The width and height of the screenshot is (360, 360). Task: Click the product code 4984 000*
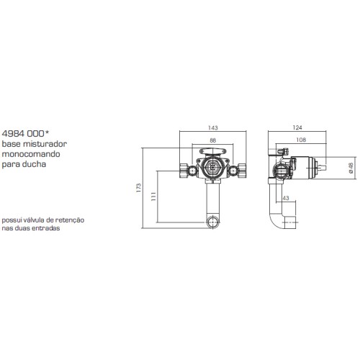click(x=25, y=133)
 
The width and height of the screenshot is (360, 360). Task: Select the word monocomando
click(x=31, y=154)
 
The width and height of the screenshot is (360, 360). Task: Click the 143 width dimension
click(x=213, y=127)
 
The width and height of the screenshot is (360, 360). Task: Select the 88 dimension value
click(x=213, y=140)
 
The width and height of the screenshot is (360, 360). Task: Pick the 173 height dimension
click(x=138, y=188)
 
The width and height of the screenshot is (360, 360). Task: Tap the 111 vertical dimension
click(x=154, y=197)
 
